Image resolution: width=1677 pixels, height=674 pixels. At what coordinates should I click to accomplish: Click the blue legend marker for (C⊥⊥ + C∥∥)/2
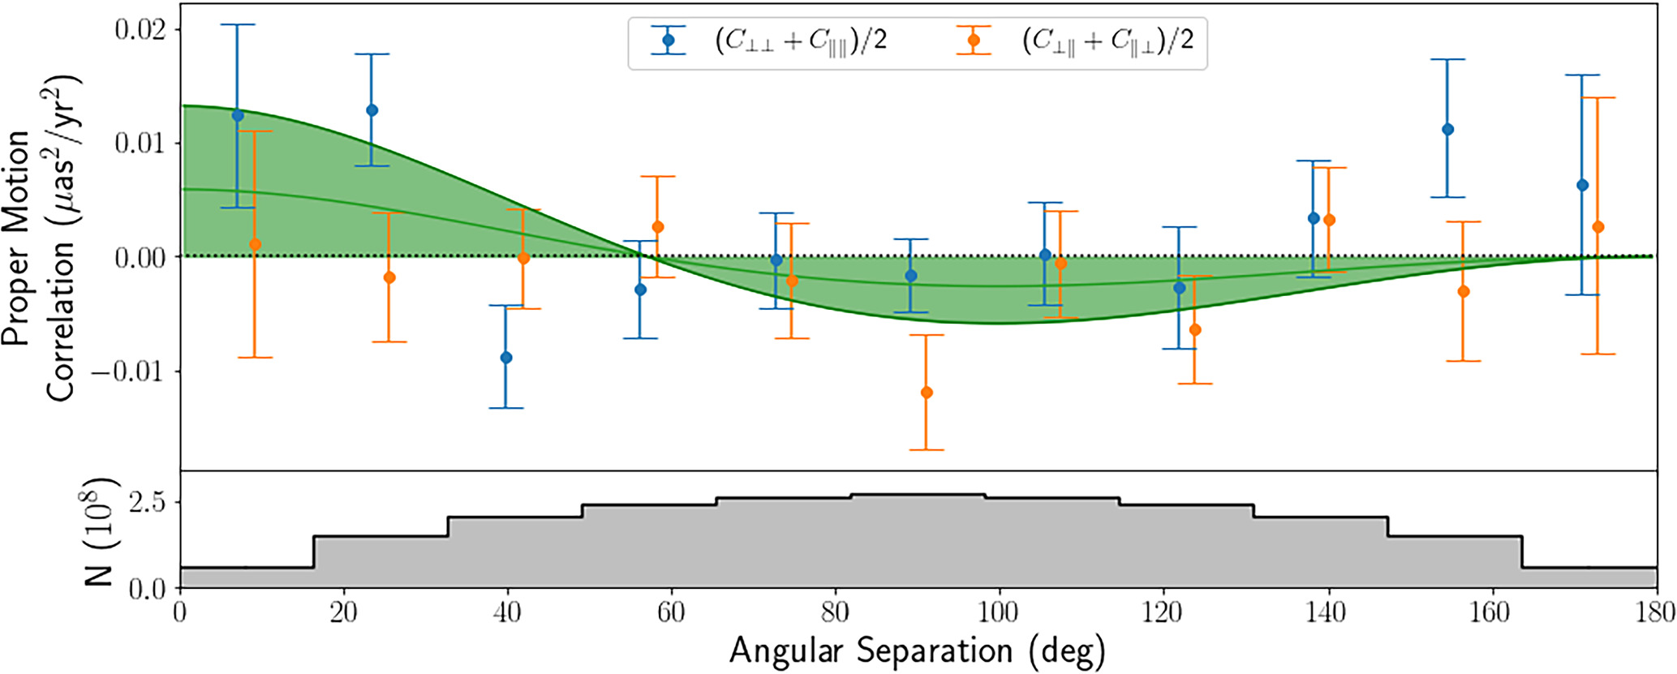click(x=669, y=40)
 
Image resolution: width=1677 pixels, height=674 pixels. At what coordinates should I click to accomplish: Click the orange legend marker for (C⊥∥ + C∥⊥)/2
click(x=974, y=40)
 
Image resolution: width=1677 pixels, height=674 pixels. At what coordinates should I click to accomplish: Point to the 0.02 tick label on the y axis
click(x=140, y=30)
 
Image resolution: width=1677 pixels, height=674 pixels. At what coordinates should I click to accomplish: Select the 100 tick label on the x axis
click(x=998, y=612)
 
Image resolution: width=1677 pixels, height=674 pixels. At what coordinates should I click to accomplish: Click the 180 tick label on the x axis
click(x=1652, y=612)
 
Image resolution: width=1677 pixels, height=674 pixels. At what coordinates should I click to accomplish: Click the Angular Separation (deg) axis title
click(x=917, y=651)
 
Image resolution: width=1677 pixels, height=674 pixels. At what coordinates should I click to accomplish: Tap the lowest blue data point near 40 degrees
click(x=506, y=358)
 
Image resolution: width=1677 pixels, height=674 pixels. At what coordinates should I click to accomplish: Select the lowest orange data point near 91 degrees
click(x=927, y=393)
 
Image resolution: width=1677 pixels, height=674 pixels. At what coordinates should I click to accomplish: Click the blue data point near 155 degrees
click(x=1447, y=130)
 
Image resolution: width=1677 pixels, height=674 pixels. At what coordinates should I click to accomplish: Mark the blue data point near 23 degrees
click(x=372, y=110)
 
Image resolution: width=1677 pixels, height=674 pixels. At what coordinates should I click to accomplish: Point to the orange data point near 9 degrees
click(x=255, y=244)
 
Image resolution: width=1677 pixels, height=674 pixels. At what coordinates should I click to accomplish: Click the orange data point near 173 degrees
click(x=1598, y=227)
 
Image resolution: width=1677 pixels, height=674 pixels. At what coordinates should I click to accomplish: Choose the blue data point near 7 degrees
click(x=238, y=116)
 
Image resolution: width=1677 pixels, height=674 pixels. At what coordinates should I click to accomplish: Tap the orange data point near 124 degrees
click(x=1195, y=330)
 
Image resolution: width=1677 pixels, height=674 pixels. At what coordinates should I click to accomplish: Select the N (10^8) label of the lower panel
click(x=101, y=531)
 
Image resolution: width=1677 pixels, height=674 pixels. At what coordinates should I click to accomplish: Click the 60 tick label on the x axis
click(x=671, y=612)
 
